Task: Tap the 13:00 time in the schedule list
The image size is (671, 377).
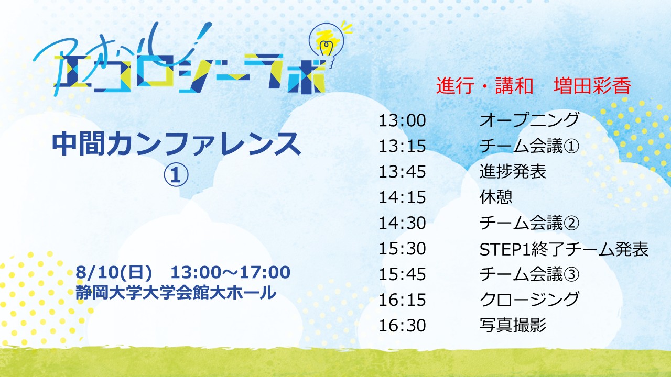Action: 402,120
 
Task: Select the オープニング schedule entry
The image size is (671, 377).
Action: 529,120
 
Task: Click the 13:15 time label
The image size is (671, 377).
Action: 402,146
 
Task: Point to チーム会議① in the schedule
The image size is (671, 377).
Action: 529,146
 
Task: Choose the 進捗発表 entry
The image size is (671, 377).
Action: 513,172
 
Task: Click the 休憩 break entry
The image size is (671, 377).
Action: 496,197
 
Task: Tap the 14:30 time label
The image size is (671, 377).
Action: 402,223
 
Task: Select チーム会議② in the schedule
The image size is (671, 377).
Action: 529,223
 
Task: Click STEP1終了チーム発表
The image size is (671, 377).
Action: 564,249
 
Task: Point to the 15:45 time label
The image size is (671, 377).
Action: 402,274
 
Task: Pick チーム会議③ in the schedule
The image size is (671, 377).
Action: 529,274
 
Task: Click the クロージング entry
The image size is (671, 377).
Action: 529,300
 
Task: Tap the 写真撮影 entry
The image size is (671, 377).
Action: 513,325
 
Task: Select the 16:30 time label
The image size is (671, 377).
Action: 402,326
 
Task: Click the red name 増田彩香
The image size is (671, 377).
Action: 592,86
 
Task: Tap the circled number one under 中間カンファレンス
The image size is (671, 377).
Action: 176,175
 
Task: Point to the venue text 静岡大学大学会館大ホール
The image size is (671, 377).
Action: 176,292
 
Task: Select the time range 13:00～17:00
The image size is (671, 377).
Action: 230,272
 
